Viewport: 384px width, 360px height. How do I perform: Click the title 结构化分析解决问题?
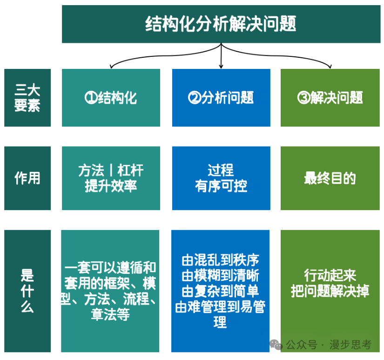(221, 24)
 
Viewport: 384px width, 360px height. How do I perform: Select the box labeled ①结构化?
(111, 97)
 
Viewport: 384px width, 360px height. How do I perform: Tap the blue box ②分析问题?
(221, 97)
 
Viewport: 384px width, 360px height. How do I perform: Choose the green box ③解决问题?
(330, 97)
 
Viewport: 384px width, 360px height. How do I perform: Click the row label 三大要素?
(27, 97)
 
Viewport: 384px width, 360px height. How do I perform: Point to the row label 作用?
(27, 178)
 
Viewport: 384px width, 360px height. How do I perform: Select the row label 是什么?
(27, 291)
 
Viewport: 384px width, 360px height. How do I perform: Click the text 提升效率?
(111, 186)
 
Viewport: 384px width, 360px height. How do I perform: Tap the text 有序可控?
(221, 186)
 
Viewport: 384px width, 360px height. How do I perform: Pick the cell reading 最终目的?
(330, 178)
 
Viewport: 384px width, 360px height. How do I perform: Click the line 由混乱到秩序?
(221, 260)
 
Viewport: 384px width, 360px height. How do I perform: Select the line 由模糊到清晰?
(221, 276)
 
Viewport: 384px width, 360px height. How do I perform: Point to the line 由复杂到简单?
(221, 291)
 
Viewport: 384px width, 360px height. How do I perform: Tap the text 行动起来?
(330, 275)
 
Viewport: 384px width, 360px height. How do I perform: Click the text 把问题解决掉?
(330, 291)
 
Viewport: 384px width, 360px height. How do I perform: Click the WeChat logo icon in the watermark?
(276, 345)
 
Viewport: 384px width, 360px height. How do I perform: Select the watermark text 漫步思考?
(350, 345)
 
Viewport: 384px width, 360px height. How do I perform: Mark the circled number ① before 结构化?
(91, 97)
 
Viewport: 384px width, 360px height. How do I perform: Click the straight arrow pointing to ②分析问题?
(221, 56)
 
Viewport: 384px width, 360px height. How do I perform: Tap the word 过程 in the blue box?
(221, 170)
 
